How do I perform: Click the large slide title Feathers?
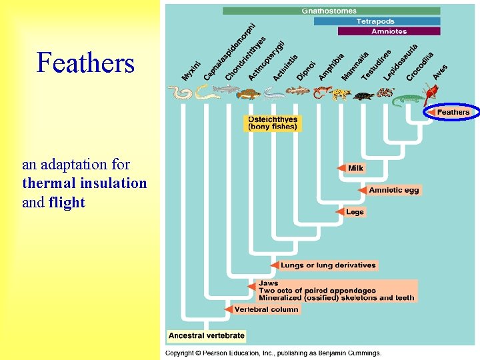click(86, 64)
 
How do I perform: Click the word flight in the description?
click(67, 202)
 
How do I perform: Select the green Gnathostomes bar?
click(331, 11)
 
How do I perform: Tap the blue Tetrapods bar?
click(377, 21)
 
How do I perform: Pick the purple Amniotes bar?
click(389, 31)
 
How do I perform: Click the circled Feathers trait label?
click(453, 112)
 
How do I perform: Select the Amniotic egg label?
click(394, 190)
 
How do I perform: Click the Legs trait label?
click(355, 212)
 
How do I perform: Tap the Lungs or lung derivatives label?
click(328, 265)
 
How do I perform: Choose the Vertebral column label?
click(267, 309)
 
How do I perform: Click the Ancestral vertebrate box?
click(206, 335)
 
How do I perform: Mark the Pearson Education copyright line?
click(273, 353)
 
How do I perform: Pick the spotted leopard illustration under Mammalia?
click(341, 95)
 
